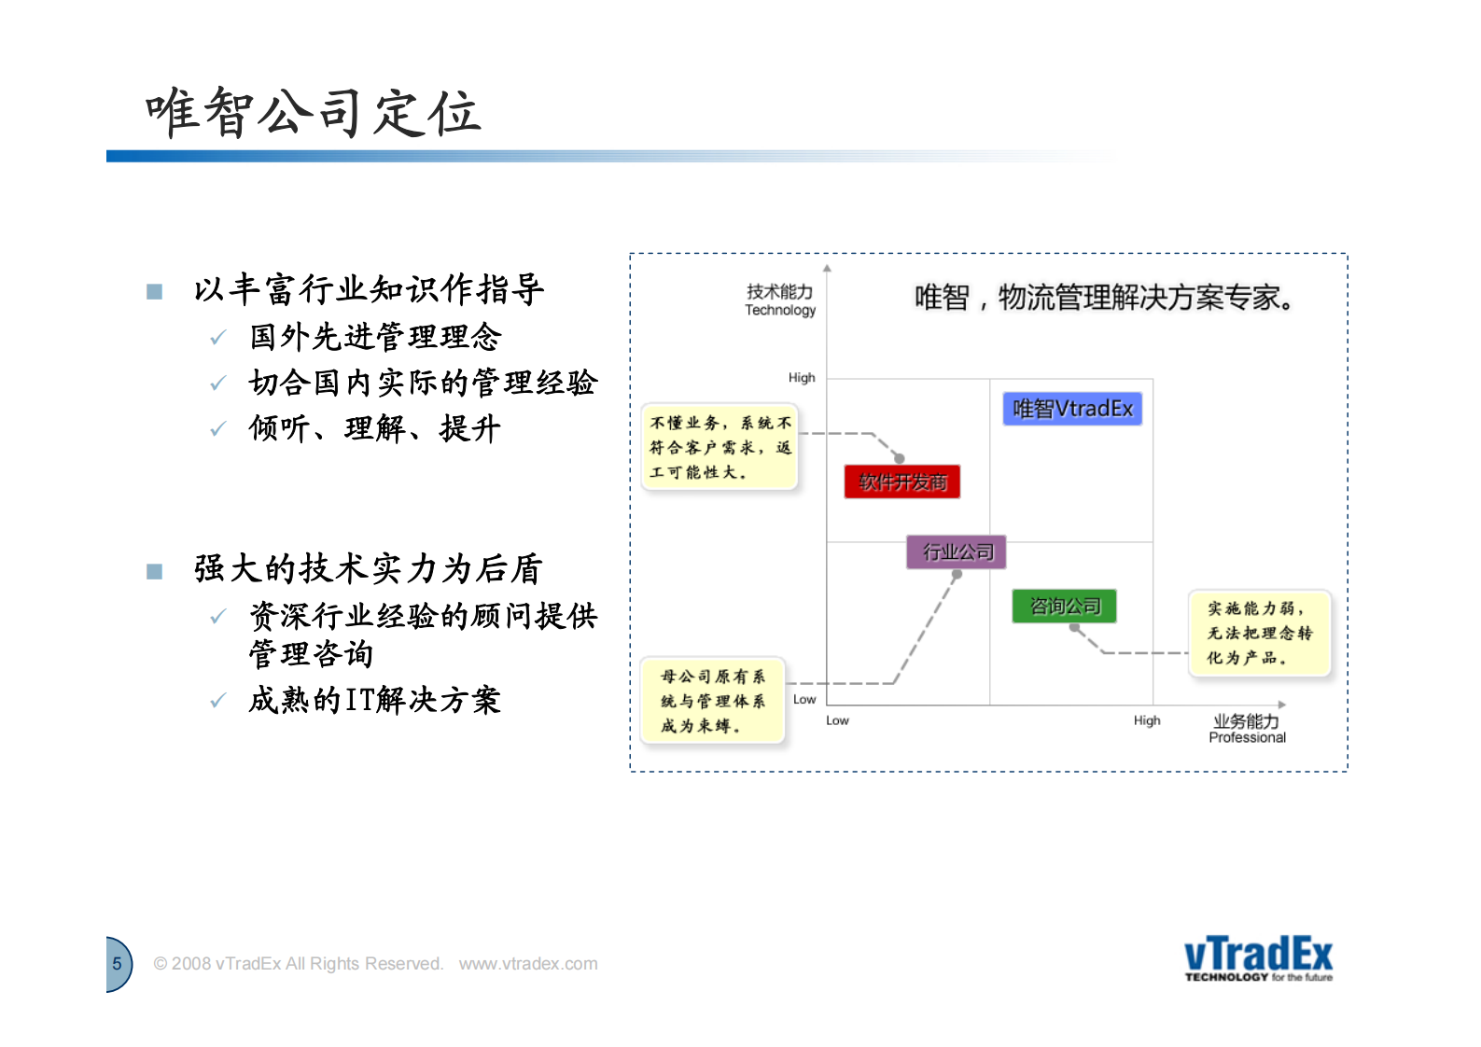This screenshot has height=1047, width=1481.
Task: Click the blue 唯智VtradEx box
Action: click(x=1072, y=409)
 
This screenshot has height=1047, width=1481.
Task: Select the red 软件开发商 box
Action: click(x=901, y=482)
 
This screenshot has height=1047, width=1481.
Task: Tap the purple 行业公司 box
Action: click(x=957, y=552)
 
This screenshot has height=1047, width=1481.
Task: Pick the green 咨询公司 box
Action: click(x=1065, y=607)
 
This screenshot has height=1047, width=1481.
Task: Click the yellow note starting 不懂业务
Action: click(x=720, y=448)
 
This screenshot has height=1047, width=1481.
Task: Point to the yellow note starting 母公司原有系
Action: click(x=713, y=701)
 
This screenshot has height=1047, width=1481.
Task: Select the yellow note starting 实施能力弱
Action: click(x=1259, y=633)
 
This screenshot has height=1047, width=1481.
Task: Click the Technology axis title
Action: click(x=780, y=300)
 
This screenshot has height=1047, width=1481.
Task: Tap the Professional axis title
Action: click(x=1247, y=729)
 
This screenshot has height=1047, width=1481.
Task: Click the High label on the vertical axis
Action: click(x=802, y=378)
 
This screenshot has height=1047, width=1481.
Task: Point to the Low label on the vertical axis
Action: click(x=804, y=699)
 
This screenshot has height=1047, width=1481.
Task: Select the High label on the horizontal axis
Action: click(x=1147, y=720)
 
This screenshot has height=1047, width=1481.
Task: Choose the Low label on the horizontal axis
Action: click(x=837, y=720)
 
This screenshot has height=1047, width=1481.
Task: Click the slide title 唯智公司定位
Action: click(x=314, y=114)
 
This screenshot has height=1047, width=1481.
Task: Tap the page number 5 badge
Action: click(x=118, y=964)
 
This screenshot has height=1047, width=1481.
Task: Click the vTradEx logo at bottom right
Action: click(x=1258, y=958)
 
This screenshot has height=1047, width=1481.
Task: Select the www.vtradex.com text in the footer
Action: click(x=527, y=964)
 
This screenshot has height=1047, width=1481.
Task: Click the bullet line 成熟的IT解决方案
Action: click(x=374, y=700)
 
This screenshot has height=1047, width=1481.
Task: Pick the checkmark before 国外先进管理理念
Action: click(x=218, y=338)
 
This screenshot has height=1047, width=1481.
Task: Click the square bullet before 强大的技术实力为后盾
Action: click(x=155, y=571)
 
